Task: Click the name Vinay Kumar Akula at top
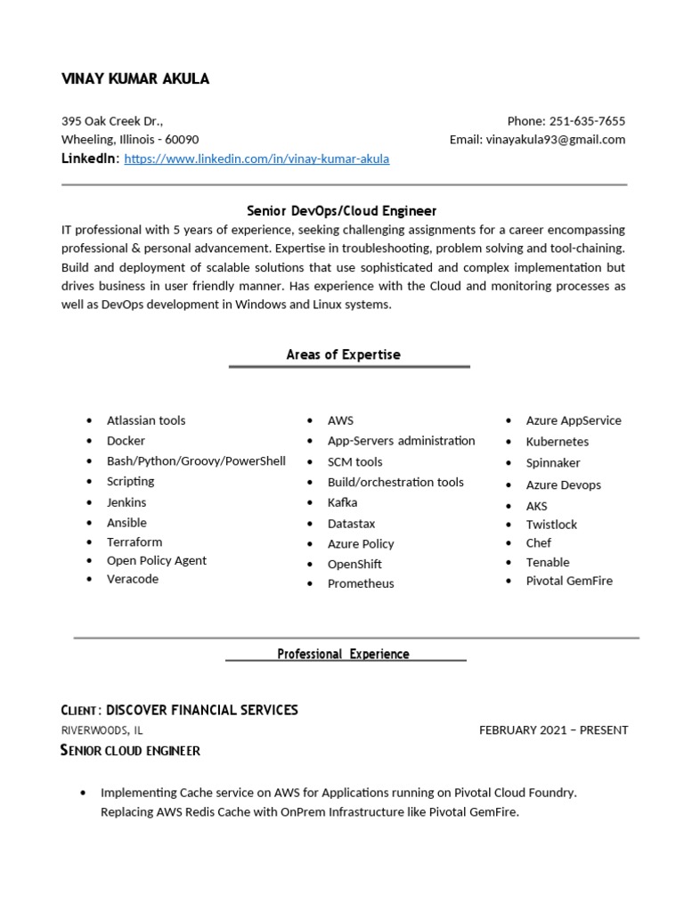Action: (134, 79)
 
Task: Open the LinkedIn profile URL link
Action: (256, 159)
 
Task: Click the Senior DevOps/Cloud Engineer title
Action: (341, 211)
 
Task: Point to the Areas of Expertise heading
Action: (343, 354)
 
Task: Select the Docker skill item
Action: (126, 441)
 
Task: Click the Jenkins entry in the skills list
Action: (126, 502)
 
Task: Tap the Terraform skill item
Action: (134, 541)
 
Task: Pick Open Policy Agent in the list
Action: (157, 560)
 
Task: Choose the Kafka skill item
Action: (342, 502)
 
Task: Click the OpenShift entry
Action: (354, 564)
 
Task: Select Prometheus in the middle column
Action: (361, 583)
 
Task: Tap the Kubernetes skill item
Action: (558, 442)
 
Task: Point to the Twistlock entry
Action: (551, 525)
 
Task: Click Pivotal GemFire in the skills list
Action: (569, 581)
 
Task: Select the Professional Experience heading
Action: (343, 654)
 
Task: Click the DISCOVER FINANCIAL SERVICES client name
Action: (202, 710)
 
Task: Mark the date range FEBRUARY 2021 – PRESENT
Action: (553, 730)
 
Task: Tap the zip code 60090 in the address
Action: (182, 140)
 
